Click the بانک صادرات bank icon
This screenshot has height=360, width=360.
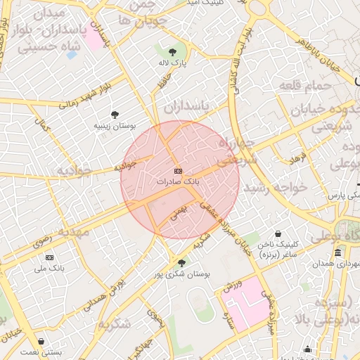[178, 171]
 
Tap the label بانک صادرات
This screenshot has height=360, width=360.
[178, 181]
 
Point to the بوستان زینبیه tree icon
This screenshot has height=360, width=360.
[115, 114]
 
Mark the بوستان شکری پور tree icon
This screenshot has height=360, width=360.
[182, 263]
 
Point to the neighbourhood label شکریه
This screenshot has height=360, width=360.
[115, 323]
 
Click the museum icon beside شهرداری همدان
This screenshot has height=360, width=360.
[339, 252]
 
